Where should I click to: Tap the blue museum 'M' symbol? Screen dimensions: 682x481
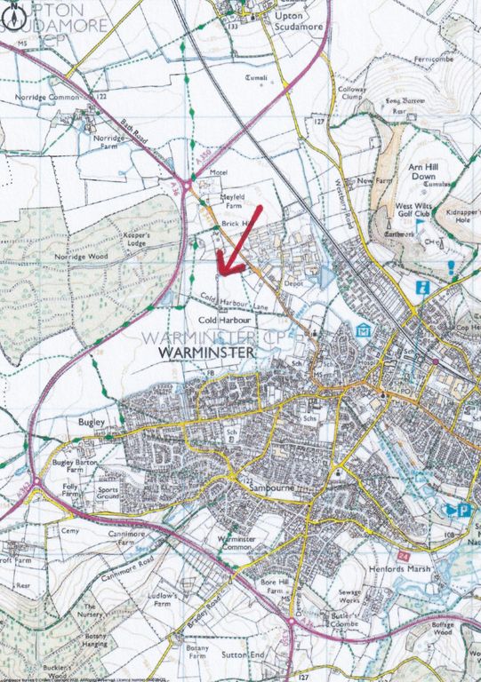362,331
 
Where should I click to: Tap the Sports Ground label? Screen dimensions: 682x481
108,492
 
